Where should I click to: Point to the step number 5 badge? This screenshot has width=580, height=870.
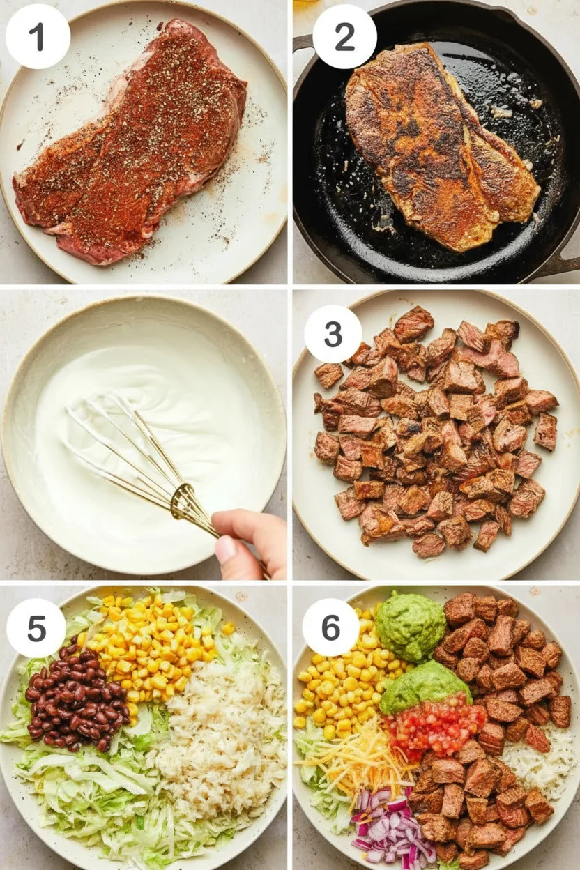[x=37, y=629]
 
